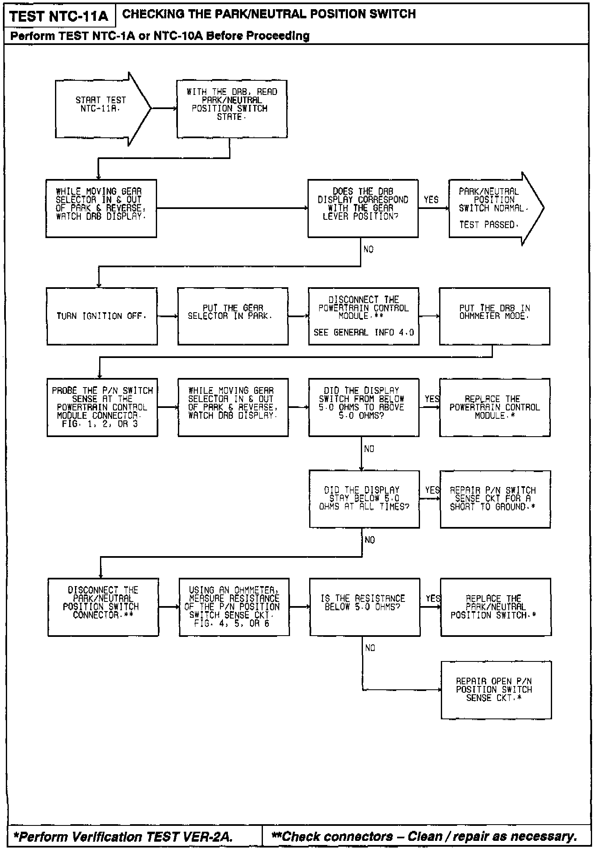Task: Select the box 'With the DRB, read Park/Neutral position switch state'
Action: [232, 109]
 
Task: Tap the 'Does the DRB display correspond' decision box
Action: [362, 208]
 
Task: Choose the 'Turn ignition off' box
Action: [102, 316]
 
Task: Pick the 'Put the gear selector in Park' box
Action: [232, 316]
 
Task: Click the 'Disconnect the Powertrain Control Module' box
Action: [363, 316]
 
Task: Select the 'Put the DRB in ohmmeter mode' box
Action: [494, 316]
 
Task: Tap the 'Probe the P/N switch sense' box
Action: [102, 407]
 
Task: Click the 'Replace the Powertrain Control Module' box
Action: [495, 407]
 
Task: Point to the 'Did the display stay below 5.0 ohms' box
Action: [364, 499]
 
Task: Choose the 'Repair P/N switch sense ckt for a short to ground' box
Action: [495, 499]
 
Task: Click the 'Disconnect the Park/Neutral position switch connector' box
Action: [103, 606]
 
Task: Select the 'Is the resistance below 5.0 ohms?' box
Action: [365, 606]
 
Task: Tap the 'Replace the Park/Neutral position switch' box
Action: [496, 606]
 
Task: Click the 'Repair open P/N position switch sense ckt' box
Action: [496, 690]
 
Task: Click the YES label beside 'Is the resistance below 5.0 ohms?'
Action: [433, 599]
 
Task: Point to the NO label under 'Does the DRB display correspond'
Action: [369, 249]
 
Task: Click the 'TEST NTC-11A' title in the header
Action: [59, 16]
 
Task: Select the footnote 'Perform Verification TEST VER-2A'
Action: [123, 836]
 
